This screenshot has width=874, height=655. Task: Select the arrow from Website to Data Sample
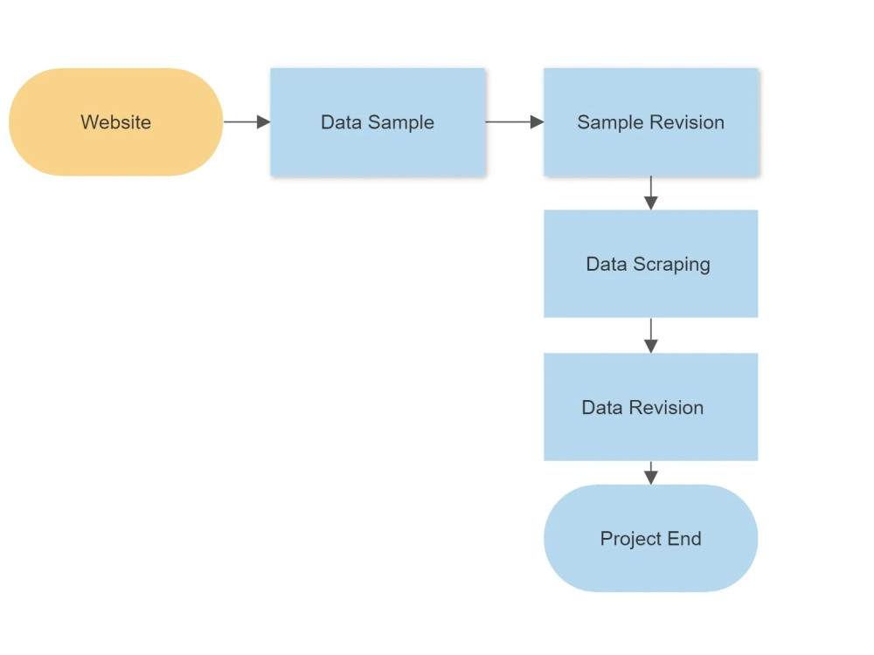coord(246,122)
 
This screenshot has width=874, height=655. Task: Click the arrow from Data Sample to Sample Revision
coord(514,122)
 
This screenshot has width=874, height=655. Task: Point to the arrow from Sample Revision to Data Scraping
coord(650,193)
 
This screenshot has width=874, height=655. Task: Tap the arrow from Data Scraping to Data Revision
coord(650,335)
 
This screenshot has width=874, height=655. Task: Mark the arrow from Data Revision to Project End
coord(650,472)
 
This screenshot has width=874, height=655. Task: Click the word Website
coord(116,122)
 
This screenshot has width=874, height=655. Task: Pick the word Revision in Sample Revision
coord(687,122)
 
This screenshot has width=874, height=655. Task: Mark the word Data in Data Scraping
coord(606,264)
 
